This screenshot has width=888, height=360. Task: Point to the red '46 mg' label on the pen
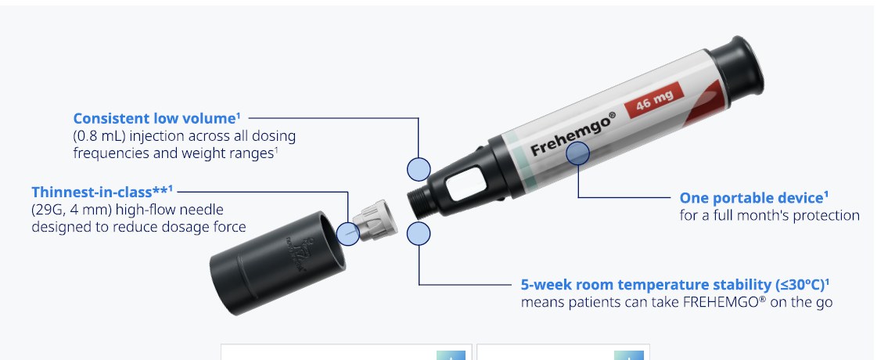[x=654, y=102]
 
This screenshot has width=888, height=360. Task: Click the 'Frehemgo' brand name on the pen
[x=572, y=134]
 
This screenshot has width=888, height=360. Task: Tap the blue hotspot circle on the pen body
[x=577, y=153]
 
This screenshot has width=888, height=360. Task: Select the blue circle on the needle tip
[x=347, y=233]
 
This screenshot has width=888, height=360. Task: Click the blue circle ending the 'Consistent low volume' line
[x=419, y=170]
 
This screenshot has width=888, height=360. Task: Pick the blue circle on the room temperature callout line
[x=419, y=233]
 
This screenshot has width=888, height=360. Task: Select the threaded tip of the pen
[x=419, y=202]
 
